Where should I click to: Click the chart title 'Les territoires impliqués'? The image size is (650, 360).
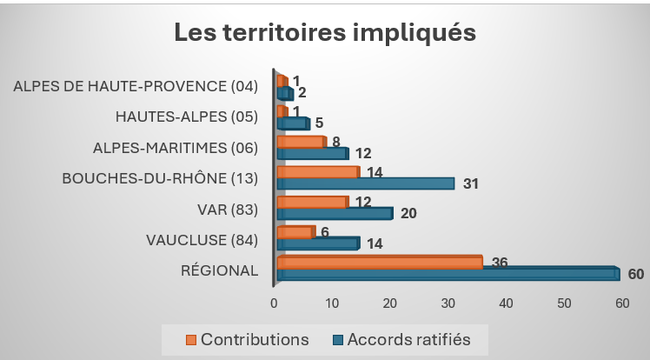pyautogui.click(x=325, y=32)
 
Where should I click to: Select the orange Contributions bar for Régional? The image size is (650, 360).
pyautogui.click(x=380, y=263)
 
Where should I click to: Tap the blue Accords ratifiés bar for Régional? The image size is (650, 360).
pyautogui.click(x=448, y=273)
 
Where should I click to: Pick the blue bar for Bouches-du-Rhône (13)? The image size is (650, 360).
pyautogui.click(x=366, y=183)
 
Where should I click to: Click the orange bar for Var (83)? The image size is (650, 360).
pyautogui.click(x=313, y=202)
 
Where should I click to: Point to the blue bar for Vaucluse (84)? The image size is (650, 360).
pyautogui.click(x=318, y=243)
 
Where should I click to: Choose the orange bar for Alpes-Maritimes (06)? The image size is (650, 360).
pyautogui.click(x=302, y=142)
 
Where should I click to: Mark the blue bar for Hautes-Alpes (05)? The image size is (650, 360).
pyautogui.click(x=294, y=123)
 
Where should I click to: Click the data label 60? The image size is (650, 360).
pyautogui.click(x=636, y=274)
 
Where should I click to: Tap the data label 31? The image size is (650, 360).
pyautogui.click(x=470, y=183)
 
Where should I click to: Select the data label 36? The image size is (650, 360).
pyautogui.click(x=500, y=263)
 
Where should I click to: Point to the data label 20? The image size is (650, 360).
pyautogui.click(x=408, y=213)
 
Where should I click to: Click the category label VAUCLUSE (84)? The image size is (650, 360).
pyautogui.click(x=202, y=240)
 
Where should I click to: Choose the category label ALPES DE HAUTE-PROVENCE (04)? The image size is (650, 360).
pyautogui.click(x=136, y=86)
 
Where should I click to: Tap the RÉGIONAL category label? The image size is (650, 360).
pyautogui.click(x=219, y=270)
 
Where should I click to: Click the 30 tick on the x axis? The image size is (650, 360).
pyautogui.click(x=448, y=303)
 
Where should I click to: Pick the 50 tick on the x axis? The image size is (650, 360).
pyautogui.click(x=564, y=303)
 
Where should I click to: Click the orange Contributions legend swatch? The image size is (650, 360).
pyautogui.click(x=190, y=340)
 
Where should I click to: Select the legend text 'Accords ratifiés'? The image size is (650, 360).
pyautogui.click(x=408, y=340)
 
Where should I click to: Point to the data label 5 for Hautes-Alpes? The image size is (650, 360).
pyautogui.click(x=319, y=123)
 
